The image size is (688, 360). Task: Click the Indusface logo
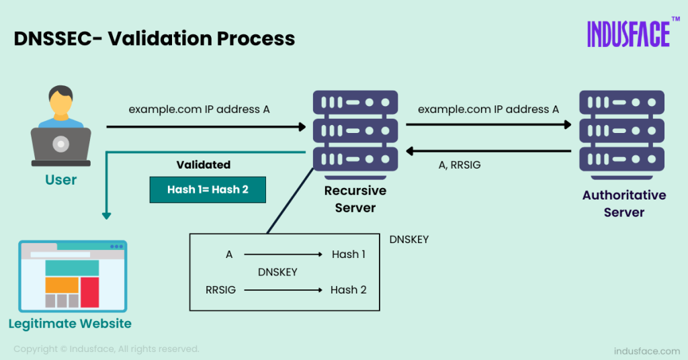tap(628, 34)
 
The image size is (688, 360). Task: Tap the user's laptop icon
tap(60, 146)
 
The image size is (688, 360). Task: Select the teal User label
tap(60, 180)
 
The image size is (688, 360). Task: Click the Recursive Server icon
tap(355, 132)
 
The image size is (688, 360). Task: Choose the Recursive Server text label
tap(355, 199)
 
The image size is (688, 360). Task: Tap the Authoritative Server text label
tap(624, 204)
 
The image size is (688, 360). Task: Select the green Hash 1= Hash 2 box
tap(208, 189)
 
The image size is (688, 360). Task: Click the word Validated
tap(203, 165)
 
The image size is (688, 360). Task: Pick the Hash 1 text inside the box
tap(349, 255)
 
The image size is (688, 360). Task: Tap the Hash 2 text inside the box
tap(348, 289)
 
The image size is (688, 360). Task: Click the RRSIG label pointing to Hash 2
tap(220, 289)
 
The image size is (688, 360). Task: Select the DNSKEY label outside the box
tap(408, 239)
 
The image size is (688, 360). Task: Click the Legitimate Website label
tap(70, 324)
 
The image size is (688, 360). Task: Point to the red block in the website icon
tap(89, 291)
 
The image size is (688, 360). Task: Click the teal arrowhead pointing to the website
tap(105, 215)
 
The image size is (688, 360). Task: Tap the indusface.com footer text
tap(646, 351)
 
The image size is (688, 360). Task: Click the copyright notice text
tap(106, 349)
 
